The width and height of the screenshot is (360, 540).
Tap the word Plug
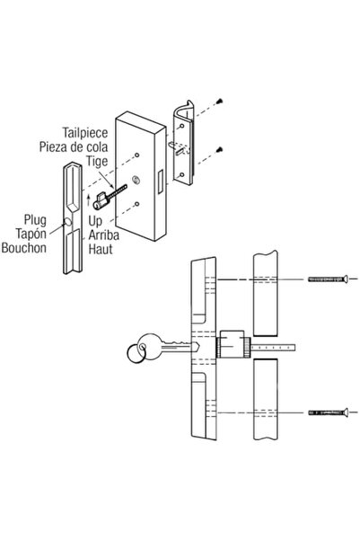(36, 217)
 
